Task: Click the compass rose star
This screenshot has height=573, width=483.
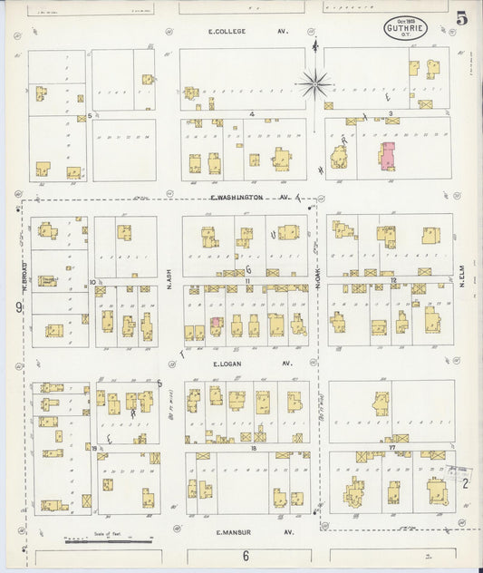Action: (315, 84)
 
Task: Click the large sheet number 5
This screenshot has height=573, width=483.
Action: (461, 18)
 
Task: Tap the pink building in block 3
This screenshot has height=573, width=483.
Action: (388, 155)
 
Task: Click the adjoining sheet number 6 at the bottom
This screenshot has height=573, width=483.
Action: (245, 556)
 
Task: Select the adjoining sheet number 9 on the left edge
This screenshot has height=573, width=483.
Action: (18, 308)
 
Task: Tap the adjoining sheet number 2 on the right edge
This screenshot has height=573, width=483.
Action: (465, 483)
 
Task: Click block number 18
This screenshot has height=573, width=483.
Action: (255, 449)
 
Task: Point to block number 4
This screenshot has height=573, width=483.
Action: (251, 114)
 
